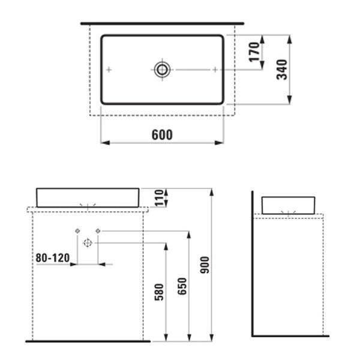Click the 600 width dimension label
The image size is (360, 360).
pos(162,135)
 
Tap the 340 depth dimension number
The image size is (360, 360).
pos(282,70)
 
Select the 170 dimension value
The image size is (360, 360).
pos(254,52)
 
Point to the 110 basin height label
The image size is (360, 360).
pos(159,197)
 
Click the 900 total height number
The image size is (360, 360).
pos(205,265)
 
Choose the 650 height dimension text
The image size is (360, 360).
pos(182,286)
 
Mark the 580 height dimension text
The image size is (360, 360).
pos(160,292)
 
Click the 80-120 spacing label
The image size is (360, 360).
pos(53,258)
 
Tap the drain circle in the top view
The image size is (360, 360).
pos(162,70)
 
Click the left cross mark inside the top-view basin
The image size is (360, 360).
pos(109,70)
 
